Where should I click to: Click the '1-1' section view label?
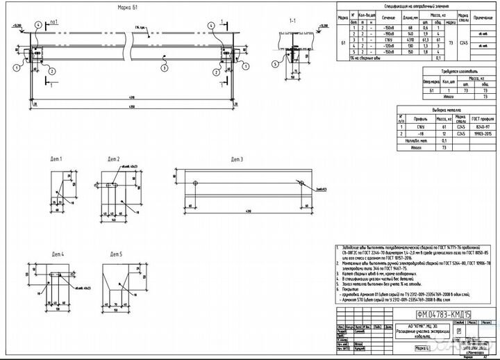point(292,22)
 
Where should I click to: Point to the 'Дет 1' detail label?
point(56,159)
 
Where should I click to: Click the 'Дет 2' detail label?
point(113,159)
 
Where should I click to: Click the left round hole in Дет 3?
point(197,183)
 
